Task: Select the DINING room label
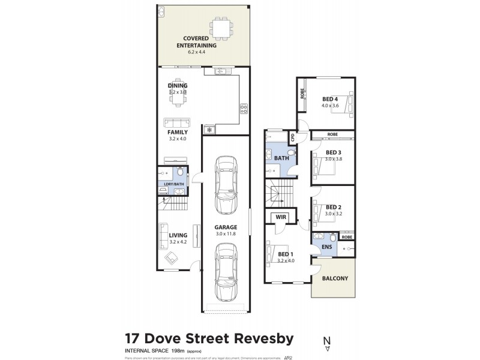click(x=178, y=86)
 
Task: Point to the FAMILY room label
click(x=178, y=132)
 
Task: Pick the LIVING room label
click(x=178, y=235)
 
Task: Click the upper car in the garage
click(x=225, y=185)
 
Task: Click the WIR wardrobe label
click(x=280, y=218)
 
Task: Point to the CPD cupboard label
click(x=293, y=137)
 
